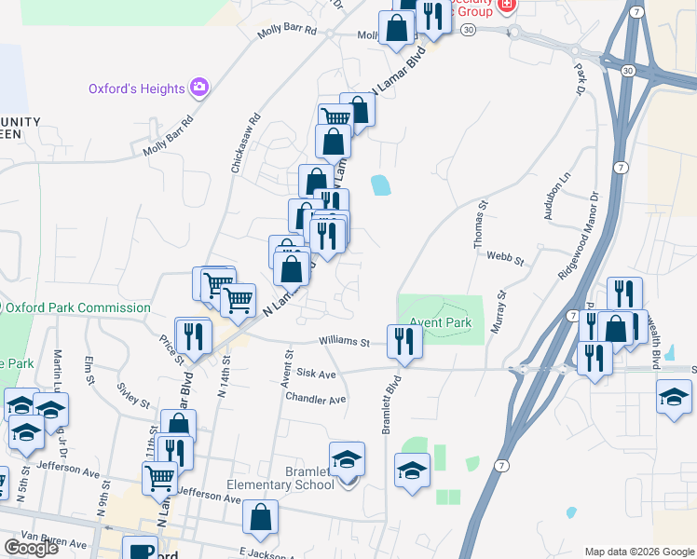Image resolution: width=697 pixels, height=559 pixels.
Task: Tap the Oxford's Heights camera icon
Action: [x=198, y=88]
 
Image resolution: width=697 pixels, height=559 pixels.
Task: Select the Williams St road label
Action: [x=345, y=342]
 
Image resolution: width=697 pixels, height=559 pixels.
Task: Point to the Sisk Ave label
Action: [x=316, y=374]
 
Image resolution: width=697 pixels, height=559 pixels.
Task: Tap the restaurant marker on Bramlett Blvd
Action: [x=404, y=341]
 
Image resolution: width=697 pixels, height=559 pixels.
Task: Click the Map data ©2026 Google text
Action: [x=638, y=551]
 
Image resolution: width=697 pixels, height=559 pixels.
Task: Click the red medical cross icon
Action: [x=507, y=5]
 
